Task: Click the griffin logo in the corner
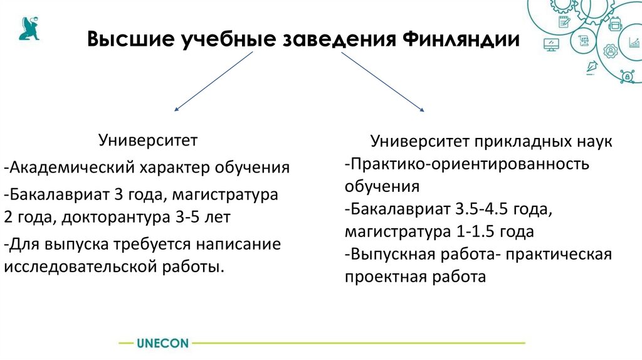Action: pyautogui.click(x=28, y=29)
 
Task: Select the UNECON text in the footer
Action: pyautogui.click(x=162, y=343)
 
